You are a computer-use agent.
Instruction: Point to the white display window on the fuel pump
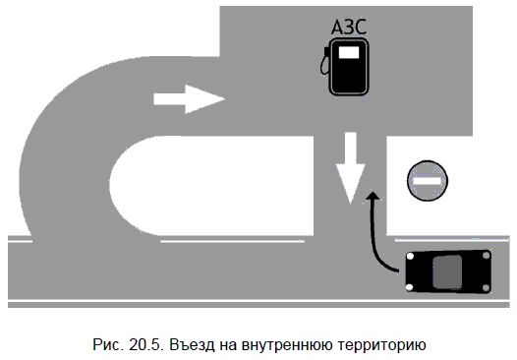pos(348,56)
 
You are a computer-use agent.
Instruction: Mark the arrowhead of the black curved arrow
pos(372,199)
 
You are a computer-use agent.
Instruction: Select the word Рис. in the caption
pos(103,343)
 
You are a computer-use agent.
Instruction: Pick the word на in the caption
pos(232,343)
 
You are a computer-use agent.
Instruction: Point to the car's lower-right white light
pos(488,287)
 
